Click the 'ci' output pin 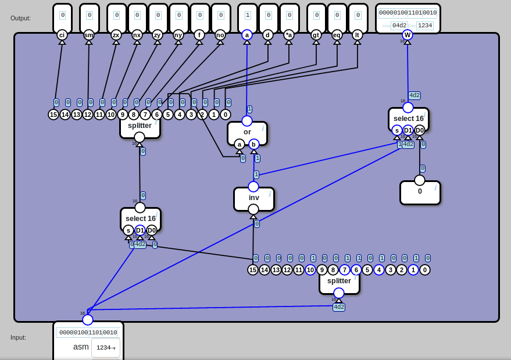point(62,35)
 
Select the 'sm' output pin point(89,35)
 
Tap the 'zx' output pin point(116,35)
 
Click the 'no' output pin point(220,35)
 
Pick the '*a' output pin point(289,35)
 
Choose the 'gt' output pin point(316,35)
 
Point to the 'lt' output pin point(358,35)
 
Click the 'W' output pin point(408,35)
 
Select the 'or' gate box point(247,133)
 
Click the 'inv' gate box point(253,198)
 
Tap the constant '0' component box point(420,193)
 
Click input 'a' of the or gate point(240,144)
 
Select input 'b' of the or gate point(254,144)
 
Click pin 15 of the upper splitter point(53,115)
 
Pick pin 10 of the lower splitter point(310,270)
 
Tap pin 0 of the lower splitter point(425,270)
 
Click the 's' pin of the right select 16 point(397,130)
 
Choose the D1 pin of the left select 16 point(140,230)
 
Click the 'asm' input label point(81,347)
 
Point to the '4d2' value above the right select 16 point(414,95)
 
